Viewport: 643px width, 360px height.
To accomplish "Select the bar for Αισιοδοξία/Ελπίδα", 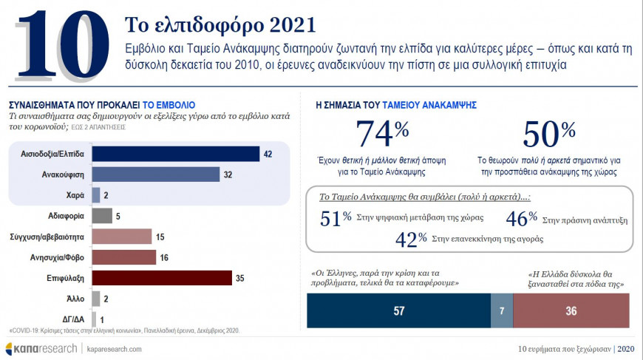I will click(175, 154).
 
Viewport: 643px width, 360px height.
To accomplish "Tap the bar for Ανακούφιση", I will click(155, 174).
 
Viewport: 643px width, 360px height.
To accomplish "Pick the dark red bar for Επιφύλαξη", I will click(168, 278).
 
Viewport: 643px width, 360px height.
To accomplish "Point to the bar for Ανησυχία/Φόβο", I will click(123, 257).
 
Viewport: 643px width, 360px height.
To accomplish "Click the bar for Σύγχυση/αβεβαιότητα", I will click(121, 237).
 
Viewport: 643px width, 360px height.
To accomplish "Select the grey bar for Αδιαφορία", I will click(102, 216).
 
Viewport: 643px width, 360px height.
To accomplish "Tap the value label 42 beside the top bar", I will click(268, 154).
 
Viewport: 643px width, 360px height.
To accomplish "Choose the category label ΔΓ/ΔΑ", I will click(73, 319).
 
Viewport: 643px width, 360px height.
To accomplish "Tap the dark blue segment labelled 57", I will click(398, 311).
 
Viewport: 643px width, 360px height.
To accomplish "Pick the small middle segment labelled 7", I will click(501, 311).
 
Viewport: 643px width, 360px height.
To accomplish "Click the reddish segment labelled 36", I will click(571, 311).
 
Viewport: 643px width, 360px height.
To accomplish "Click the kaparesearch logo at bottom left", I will click(41, 348).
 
